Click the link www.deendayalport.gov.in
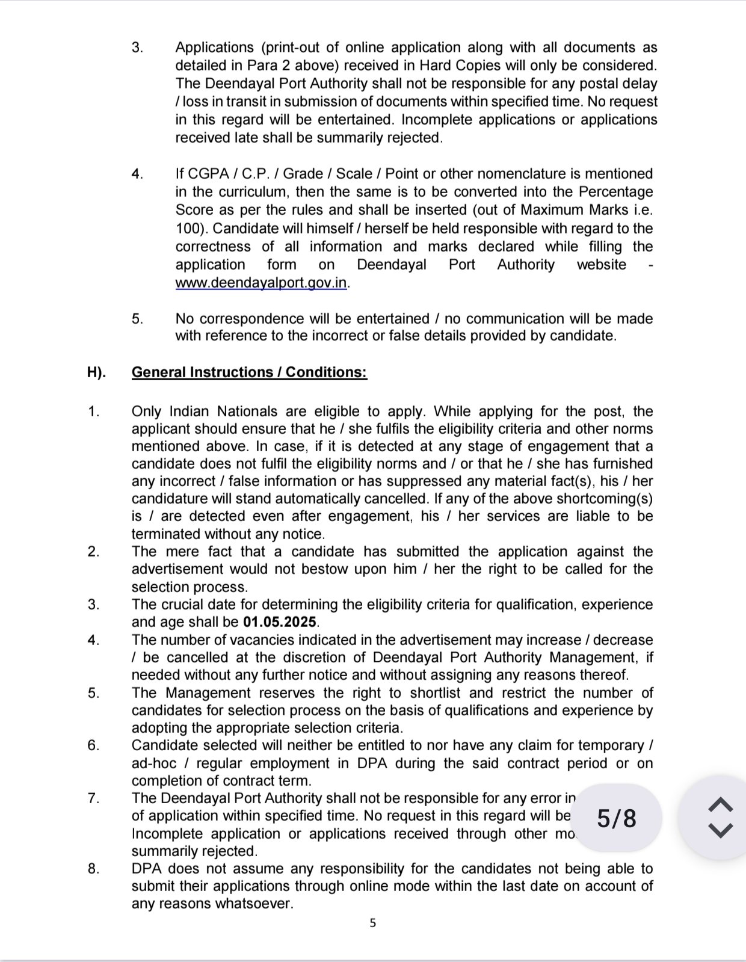[262, 283]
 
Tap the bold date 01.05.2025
[281, 622]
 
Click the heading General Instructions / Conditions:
[249, 372]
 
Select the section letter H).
[96, 372]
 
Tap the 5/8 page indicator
[616, 819]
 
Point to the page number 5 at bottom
[372, 923]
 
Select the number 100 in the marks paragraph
[188, 229]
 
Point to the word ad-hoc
[153, 763]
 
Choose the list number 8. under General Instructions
[93, 869]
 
